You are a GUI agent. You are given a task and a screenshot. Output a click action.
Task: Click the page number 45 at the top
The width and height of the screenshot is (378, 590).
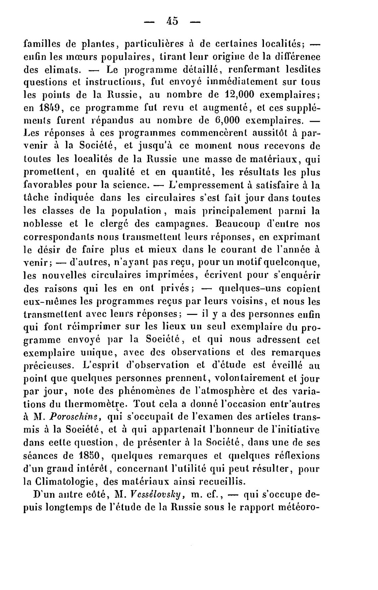click(173, 22)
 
